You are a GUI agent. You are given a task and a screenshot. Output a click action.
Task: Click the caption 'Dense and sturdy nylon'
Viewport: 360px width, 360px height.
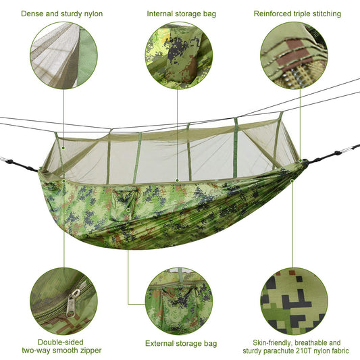pyautogui.click(x=62, y=14)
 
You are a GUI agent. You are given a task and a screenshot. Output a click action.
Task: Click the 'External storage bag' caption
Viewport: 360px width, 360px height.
pyautogui.click(x=182, y=343)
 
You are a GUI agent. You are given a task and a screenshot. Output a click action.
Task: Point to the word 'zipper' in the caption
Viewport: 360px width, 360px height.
pyautogui.click(x=88, y=351)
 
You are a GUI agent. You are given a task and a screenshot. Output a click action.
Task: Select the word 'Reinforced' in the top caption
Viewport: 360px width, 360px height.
pyautogui.click(x=272, y=14)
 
